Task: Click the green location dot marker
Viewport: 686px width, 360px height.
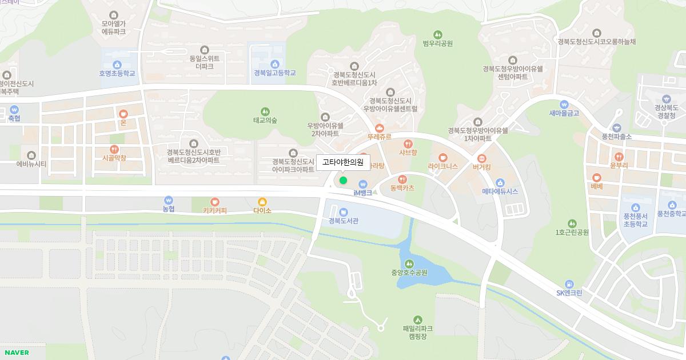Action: pos(343,181)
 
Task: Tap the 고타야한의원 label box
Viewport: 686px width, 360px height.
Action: pos(343,162)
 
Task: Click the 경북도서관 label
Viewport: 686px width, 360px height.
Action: pos(343,221)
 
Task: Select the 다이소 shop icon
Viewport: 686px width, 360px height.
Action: pos(262,201)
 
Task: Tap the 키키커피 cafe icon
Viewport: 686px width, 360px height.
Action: pos(215,201)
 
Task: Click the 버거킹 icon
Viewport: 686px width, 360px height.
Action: pos(482,158)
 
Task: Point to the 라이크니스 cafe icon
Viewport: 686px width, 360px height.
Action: pos(443,158)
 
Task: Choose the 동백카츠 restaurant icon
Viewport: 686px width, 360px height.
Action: pos(402,179)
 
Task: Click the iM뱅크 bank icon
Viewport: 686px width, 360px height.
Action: pos(363,184)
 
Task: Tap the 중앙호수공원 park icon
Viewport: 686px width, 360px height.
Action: pos(409,263)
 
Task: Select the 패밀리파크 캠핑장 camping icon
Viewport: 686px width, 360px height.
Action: pos(417,319)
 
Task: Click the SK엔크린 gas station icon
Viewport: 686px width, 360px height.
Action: pos(569,284)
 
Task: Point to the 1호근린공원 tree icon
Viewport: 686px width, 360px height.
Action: pos(572,223)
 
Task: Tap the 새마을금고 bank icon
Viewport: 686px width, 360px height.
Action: pos(564,104)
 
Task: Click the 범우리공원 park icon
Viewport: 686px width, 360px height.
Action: pos(438,34)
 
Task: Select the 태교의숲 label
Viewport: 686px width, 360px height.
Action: pos(265,120)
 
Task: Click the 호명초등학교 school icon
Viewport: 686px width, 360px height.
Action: pos(117,65)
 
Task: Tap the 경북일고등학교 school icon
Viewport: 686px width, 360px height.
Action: pos(275,64)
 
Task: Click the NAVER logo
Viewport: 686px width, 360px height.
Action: pos(17,353)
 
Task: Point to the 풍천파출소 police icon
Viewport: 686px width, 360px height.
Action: pos(616,128)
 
